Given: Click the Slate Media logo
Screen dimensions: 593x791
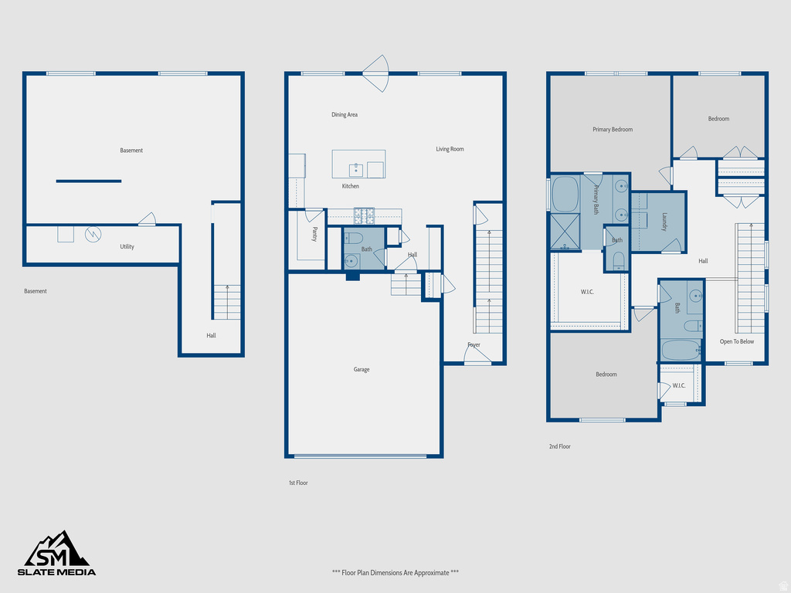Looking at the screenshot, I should pos(57,554).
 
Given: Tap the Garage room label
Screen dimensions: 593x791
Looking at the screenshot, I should pos(362,370).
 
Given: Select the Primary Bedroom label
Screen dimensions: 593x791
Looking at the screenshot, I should pos(613,130).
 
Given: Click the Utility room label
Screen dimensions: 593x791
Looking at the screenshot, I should pos(127,247).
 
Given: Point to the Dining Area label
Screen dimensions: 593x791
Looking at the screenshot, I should pos(345,115).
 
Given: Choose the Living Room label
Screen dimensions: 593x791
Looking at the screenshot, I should pos(450,149).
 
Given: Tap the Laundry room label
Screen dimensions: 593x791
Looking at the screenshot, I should pos(664,222).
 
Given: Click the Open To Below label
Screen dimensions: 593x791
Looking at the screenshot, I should pos(737,341).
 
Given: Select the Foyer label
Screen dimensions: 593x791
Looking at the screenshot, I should pos(474,345).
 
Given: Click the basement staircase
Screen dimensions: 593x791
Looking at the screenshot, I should pos(226,302).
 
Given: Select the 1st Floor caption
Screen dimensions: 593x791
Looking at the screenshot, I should pos(298,483).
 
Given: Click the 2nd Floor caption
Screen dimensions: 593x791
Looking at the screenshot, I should pos(559,446).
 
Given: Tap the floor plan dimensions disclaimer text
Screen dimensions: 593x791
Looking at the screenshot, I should pos(395,573).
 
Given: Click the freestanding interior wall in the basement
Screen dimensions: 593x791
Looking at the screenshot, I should pos(89,181).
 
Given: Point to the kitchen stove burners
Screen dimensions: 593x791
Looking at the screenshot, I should pos(365,213).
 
